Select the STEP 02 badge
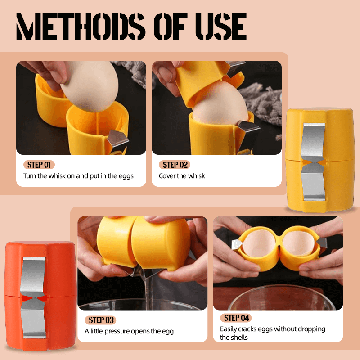[x=175, y=165]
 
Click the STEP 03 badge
[x=100, y=320]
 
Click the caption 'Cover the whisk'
[x=182, y=176]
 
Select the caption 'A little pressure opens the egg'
[x=129, y=332]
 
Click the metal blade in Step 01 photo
[x=117, y=139]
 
